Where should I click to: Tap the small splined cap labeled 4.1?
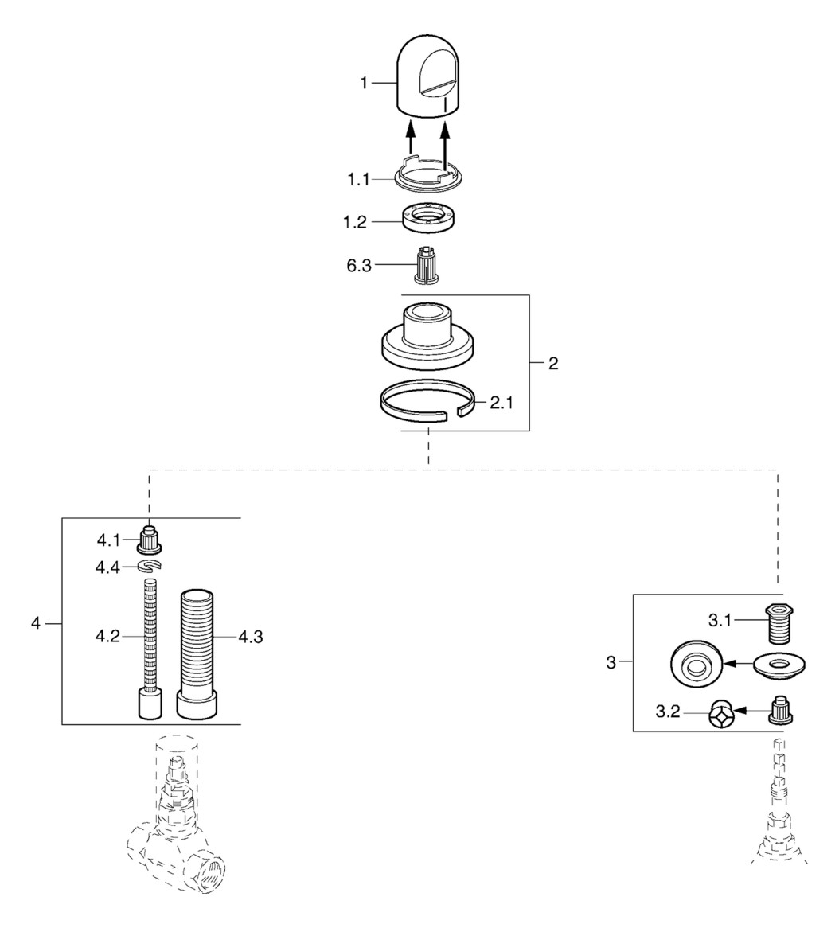pyautogui.click(x=148, y=540)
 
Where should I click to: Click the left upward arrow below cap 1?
pyautogui.click(x=412, y=135)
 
